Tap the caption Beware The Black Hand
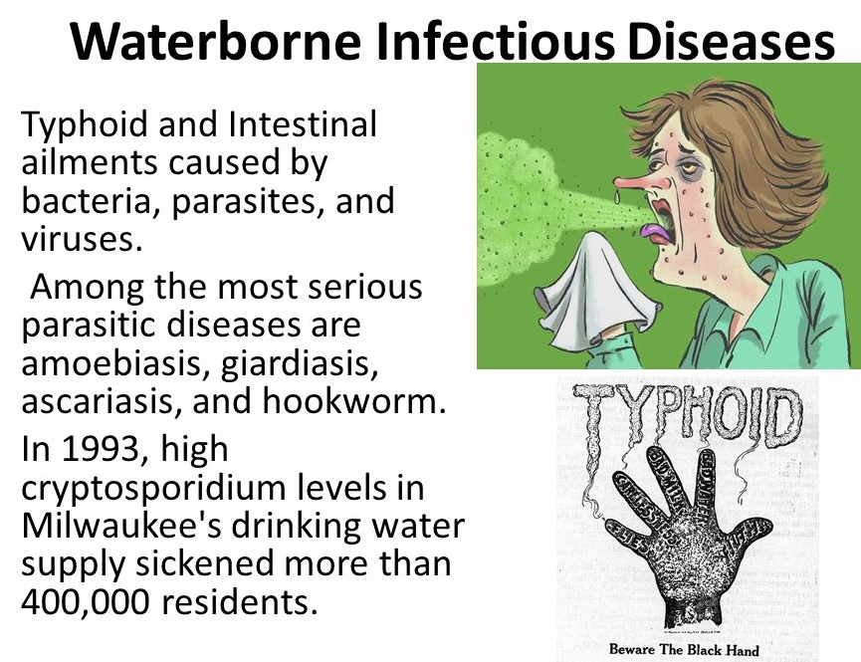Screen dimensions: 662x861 (684, 651)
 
